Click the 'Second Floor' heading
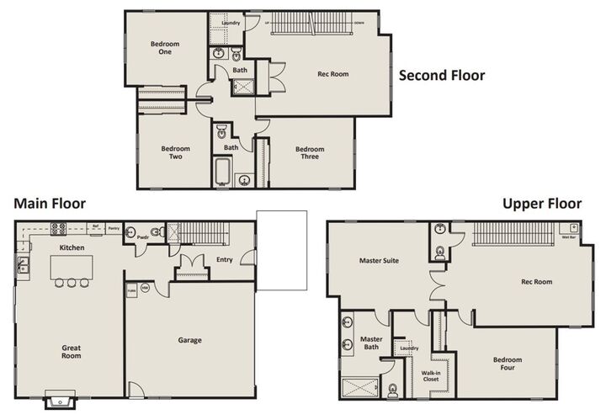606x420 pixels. (x=441, y=76)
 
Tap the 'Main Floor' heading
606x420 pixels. (x=49, y=204)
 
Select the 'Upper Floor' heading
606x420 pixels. (x=542, y=204)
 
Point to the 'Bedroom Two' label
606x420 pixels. (x=176, y=152)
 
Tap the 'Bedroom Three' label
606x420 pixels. (x=310, y=152)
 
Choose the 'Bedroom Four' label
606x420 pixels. (x=508, y=364)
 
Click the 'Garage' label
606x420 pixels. (x=189, y=340)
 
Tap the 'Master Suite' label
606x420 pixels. (x=378, y=261)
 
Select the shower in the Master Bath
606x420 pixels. (x=360, y=389)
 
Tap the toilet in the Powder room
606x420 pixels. (x=155, y=231)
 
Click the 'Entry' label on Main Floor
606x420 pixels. (x=224, y=260)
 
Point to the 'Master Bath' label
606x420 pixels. (x=371, y=343)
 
